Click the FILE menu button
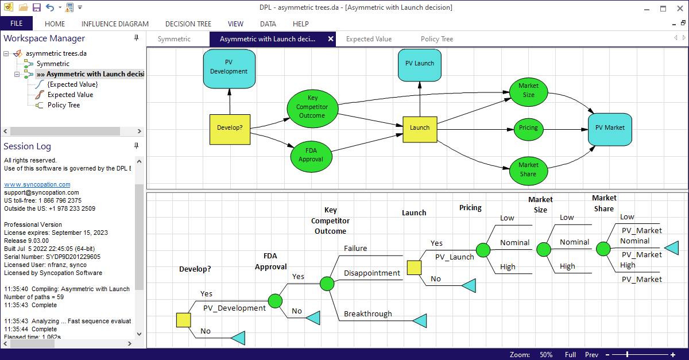[x=16, y=24]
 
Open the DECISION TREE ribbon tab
[x=188, y=24]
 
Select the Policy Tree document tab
[x=436, y=39]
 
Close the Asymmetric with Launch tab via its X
[x=331, y=39]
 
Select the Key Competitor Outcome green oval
[x=312, y=107]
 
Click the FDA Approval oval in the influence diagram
[x=311, y=156]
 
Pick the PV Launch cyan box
[x=420, y=64]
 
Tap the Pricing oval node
[x=528, y=128]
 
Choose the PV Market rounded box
[x=609, y=128]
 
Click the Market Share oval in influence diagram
[x=528, y=170]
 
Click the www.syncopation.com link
[x=37, y=184]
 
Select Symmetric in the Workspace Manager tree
[x=53, y=64]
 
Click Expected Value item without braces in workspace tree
[x=70, y=95]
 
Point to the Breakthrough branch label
[x=367, y=314]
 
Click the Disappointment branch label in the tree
[x=371, y=273]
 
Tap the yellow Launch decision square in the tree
[x=414, y=268]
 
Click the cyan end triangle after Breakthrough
[x=420, y=321]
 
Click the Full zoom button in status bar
[x=570, y=355]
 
